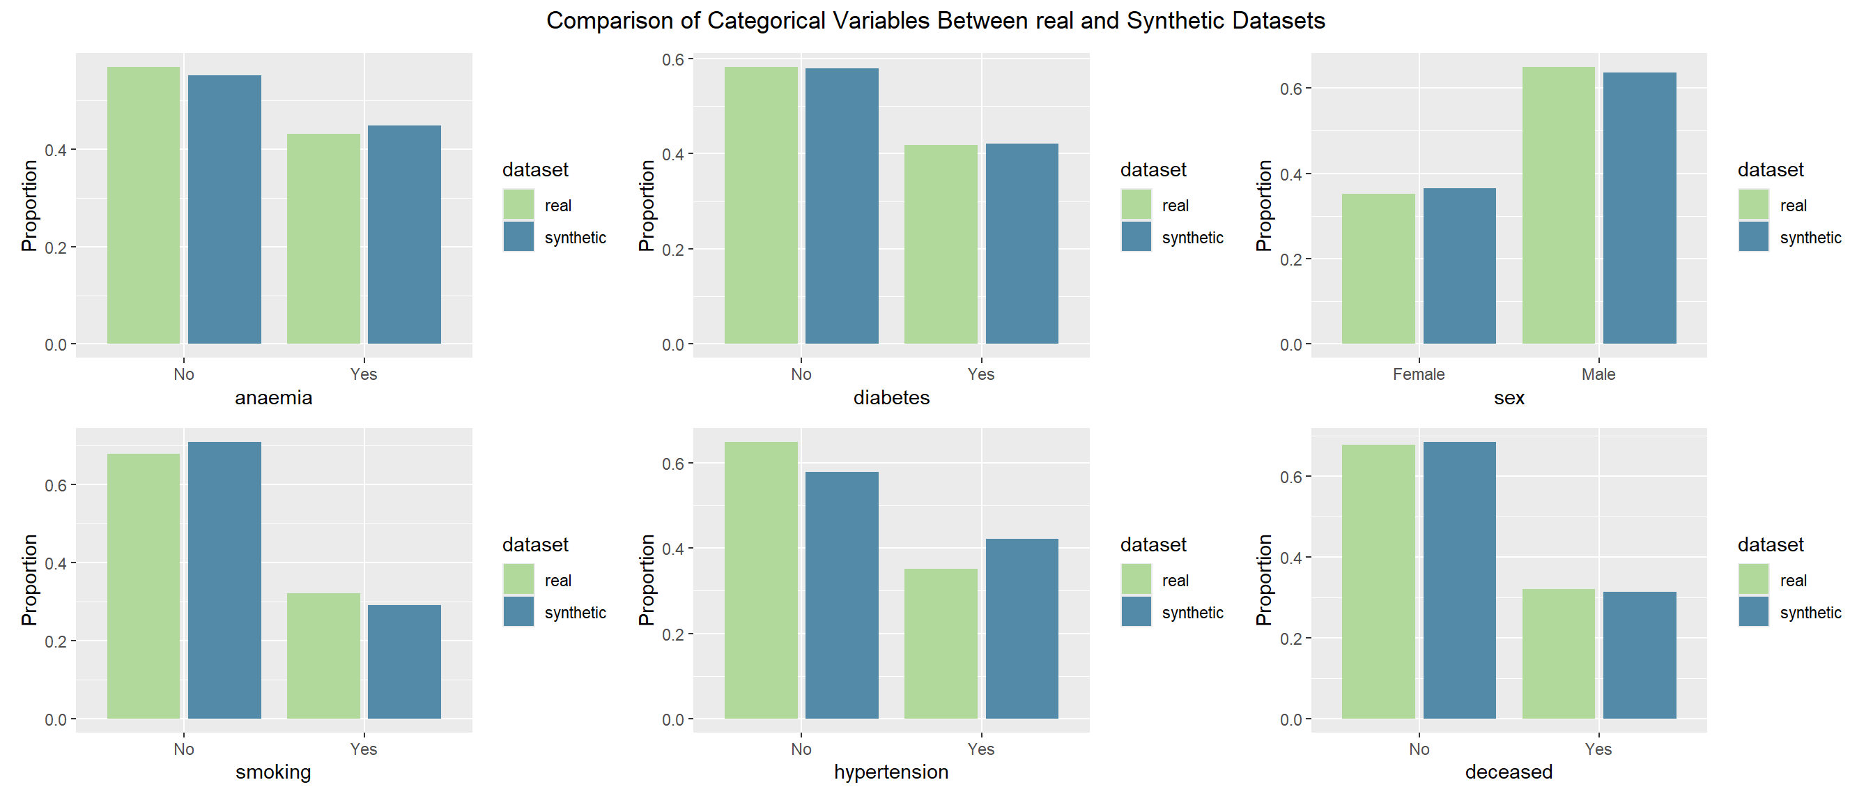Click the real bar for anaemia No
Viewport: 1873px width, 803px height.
coord(144,205)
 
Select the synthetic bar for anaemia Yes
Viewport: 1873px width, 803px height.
coord(404,234)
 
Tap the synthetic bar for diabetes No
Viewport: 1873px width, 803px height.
coord(842,206)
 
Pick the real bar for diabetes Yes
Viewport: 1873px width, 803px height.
coord(941,245)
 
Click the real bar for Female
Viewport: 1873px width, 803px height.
coord(1378,268)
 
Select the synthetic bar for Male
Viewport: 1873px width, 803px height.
coord(1640,208)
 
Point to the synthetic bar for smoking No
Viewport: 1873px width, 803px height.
coord(224,581)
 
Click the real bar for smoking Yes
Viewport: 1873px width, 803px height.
coord(323,656)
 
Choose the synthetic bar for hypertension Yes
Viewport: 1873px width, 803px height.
coord(1022,629)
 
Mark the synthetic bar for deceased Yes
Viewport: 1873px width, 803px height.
coord(1640,655)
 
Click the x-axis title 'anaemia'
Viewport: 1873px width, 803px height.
coord(273,398)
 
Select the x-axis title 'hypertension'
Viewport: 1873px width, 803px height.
coord(891,772)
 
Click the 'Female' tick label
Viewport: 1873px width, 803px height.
coord(1419,374)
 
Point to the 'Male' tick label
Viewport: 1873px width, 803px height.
coord(1598,374)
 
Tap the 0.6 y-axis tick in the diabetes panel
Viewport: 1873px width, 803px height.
coord(673,60)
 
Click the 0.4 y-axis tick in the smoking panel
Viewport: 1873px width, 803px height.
coord(55,564)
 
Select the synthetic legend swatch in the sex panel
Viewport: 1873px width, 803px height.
coord(1753,237)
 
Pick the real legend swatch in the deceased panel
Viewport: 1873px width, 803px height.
coord(1753,580)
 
